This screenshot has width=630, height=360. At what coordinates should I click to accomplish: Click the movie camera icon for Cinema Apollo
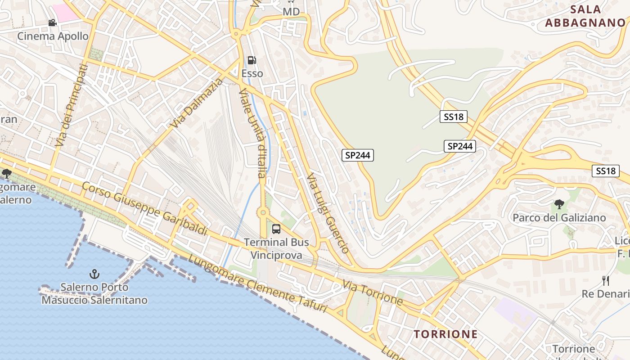point(53,22)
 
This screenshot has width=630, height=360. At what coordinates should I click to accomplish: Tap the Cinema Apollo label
point(53,36)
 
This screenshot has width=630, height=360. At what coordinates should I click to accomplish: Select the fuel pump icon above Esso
point(252,60)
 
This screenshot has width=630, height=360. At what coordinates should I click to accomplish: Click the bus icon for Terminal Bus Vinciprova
point(276,229)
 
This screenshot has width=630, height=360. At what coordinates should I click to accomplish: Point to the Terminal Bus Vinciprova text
point(276,249)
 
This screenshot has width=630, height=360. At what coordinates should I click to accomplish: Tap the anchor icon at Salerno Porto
point(94,273)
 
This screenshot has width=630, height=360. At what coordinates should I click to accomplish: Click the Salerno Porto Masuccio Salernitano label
point(94,293)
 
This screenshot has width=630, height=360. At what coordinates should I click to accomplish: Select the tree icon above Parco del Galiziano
point(559,204)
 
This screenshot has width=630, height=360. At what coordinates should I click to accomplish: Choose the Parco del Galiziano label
point(559,218)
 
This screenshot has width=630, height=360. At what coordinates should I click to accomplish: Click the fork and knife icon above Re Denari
point(606,281)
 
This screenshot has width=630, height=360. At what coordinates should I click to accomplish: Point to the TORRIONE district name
point(445,334)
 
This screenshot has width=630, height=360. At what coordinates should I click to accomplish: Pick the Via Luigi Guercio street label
point(328,213)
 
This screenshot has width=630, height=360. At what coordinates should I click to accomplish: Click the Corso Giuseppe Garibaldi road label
point(145,209)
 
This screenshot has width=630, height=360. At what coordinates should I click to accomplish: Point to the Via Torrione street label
point(372,292)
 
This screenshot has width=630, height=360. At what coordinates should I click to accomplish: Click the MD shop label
point(291,12)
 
